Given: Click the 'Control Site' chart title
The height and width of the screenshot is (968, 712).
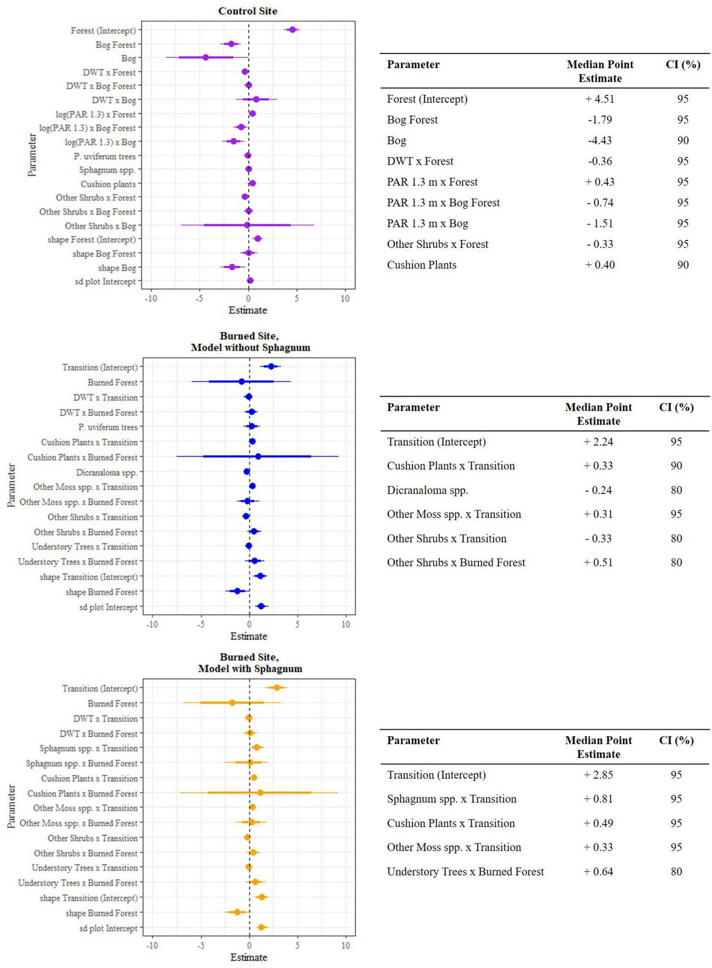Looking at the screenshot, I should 247,11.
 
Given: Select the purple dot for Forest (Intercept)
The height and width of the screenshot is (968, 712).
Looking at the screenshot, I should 292,30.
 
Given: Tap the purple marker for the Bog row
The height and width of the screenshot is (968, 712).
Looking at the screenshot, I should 206,58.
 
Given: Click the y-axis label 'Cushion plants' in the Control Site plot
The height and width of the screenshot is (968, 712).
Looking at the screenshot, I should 108,184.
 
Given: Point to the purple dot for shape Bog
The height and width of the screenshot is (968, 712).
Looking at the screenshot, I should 232,267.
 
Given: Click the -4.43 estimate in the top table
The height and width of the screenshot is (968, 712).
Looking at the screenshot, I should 599,141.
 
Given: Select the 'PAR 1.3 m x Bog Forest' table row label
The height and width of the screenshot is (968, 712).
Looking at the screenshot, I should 443,203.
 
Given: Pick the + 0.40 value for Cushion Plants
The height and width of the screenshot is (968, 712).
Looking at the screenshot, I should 599,264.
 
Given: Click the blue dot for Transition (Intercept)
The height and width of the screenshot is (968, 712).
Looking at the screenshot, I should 271,366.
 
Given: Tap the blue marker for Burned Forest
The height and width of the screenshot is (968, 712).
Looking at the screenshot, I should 241,381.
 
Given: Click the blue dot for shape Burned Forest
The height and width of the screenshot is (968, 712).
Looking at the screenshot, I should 237,591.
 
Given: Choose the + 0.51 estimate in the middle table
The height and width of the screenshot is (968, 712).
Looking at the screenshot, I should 598,562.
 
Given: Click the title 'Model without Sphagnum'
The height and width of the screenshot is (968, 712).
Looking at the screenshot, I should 250,347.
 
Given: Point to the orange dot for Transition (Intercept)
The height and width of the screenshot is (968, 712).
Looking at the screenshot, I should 277,688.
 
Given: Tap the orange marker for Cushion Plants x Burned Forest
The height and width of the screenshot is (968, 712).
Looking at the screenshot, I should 260,793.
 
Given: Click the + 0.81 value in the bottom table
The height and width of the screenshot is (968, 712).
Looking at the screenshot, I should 598,799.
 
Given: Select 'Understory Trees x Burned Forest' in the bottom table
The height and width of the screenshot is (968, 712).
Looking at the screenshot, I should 465,872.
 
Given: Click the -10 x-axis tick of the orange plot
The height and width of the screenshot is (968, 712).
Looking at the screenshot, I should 152,945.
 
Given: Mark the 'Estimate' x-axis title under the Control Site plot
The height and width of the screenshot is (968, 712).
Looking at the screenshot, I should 247,310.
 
